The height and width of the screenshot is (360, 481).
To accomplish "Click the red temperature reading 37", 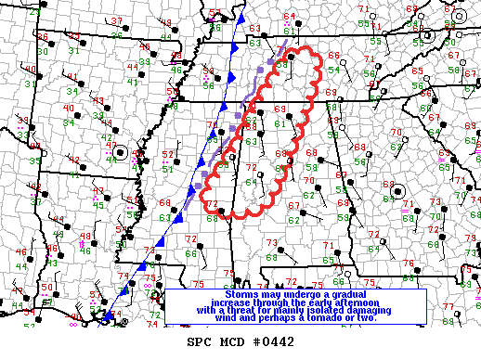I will (x=116, y=20).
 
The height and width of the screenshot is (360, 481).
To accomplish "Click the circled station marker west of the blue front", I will (x=120, y=151).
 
